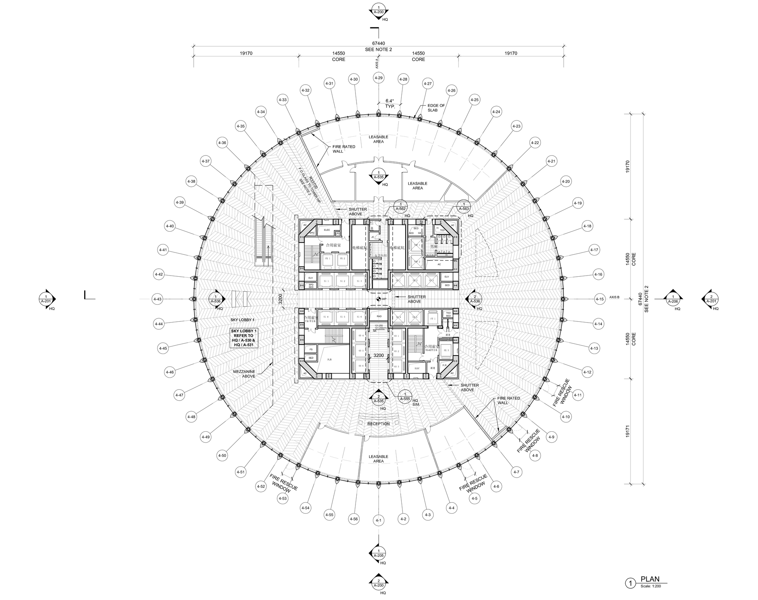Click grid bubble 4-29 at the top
(378, 78)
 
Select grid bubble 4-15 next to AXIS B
(600, 299)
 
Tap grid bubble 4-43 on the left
(157, 299)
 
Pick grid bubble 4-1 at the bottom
(378, 520)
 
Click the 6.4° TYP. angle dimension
(390, 103)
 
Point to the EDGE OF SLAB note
(436, 108)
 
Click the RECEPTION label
(378, 424)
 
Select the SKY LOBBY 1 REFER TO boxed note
(244, 338)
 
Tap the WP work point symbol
(378, 299)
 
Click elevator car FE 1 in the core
(327, 258)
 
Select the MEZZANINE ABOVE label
(244, 374)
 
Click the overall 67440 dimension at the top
(378, 44)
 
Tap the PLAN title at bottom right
(650, 579)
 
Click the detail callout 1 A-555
(405, 396)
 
